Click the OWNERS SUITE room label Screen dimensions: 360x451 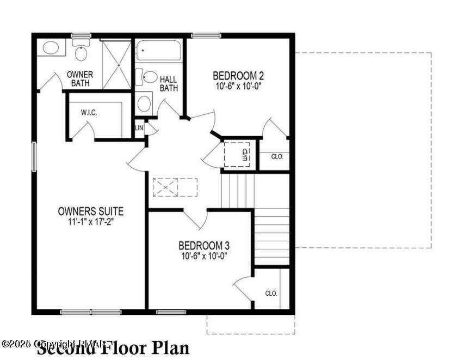point(91,211)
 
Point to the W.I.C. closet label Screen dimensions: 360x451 point(89,113)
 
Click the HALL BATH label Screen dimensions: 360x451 point(168,83)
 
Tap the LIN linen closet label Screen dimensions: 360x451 point(139,127)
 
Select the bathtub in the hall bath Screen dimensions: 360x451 point(158,51)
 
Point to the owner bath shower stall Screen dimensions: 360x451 point(117,64)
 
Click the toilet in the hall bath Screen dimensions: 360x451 point(148,78)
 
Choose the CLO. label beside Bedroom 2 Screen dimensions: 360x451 point(277,156)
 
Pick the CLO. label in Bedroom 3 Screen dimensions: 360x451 point(271,293)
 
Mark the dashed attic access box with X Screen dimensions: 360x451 point(175,187)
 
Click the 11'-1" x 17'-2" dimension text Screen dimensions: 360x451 point(90,222)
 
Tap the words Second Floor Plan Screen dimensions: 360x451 point(113,347)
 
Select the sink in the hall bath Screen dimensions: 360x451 point(144,102)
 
